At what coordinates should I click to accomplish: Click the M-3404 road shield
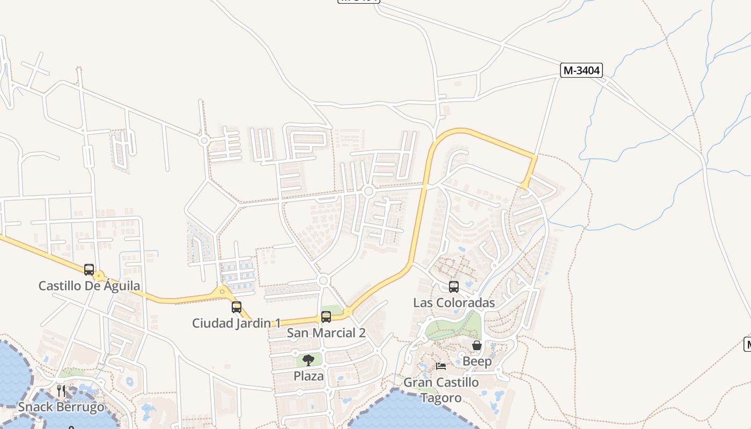click(x=581, y=70)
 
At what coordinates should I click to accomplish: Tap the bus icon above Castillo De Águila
click(x=89, y=270)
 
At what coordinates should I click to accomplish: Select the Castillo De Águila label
click(x=89, y=286)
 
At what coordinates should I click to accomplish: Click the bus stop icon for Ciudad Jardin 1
click(x=237, y=307)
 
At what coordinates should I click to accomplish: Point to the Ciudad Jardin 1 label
click(x=236, y=323)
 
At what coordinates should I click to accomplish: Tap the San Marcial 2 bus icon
click(x=326, y=317)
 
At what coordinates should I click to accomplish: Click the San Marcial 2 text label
click(x=326, y=333)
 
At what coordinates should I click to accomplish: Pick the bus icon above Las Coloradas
click(x=454, y=287)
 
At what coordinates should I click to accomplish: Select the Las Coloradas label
click(x=454, y=303)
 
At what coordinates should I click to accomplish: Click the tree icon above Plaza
click(x=308, y=360)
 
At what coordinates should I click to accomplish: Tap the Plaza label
click(x=308, y=376)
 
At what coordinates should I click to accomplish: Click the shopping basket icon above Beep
click(x=477, y=345)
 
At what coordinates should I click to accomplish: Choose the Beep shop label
click(x=477, y=361)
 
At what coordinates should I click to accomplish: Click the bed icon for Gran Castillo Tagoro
click(x=441, y=366)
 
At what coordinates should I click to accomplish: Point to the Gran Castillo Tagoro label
click(x=441, y=390)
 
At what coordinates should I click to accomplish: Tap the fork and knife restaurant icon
click(x=61, y=390)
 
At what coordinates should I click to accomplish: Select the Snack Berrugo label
click(x=61, y=407)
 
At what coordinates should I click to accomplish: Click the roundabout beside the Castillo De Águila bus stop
click(x=99, y=276)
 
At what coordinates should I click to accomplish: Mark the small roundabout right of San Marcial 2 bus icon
click(x=348, y=312)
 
